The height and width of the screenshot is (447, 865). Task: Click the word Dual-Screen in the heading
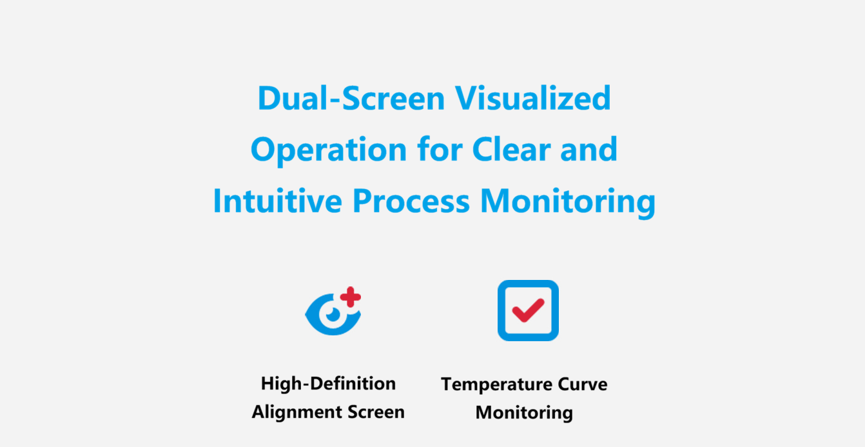pos(351,98)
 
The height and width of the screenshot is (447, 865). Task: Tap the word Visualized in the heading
pos(533,98)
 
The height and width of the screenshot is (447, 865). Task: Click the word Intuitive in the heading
pos(278,201)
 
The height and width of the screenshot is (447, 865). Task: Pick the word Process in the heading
pos(411,201)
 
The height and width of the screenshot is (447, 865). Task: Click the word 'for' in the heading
pos(440,150)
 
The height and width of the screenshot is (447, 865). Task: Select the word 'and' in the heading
pos(589,150)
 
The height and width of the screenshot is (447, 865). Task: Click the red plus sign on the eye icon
pos(351,297)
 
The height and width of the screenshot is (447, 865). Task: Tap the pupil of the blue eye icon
pos(333,315)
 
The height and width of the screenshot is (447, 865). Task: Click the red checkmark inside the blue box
pos(528,310)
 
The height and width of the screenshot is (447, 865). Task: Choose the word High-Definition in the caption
pos(328,384)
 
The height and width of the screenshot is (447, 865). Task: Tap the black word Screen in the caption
pos(376,412)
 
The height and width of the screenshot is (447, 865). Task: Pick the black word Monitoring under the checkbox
pos(524,413)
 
